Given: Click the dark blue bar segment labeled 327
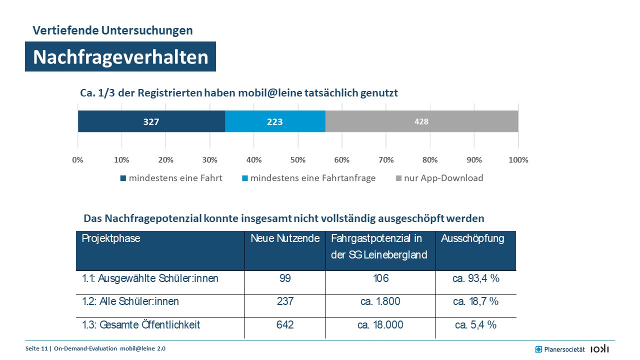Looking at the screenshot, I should [151, 121].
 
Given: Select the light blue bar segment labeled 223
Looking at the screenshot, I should [275, 121].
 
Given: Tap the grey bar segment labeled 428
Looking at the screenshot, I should [421, 121].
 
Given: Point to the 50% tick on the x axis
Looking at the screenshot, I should [298, 160].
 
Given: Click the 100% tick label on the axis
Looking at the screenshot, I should [518, 160].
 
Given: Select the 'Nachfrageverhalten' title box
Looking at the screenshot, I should [120, 57].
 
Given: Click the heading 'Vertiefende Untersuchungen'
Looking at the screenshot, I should [112, 30].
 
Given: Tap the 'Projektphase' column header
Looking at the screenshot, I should [111, 238].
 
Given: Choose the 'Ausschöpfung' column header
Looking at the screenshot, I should [472, 238].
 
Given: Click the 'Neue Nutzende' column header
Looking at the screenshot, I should [285, 238].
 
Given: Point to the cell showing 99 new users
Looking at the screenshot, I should [285, 278].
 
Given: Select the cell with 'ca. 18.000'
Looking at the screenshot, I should [380, 325].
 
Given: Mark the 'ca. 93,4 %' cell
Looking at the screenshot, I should [475, 278].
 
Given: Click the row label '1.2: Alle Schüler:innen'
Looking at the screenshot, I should [130, 301].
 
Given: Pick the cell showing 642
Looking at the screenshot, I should [285, 325].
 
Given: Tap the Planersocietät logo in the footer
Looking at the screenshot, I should [560, 349].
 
